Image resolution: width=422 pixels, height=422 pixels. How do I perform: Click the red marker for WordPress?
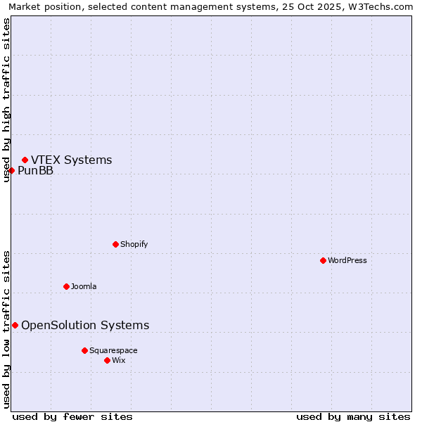323,260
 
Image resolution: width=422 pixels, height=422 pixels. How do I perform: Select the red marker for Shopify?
115,244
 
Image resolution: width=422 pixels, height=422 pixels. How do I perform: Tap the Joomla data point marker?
66,286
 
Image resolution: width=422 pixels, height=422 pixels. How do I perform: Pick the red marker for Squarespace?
84,350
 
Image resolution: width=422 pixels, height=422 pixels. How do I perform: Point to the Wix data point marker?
107,360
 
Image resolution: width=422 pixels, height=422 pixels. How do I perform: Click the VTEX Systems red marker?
25,160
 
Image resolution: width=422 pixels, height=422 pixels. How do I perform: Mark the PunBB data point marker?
11,170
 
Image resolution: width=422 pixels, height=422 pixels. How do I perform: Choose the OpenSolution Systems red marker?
15,325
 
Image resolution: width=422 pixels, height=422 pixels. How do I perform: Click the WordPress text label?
347,260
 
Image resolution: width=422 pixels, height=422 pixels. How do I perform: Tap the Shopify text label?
134,244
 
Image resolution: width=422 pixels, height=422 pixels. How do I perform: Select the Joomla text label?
84,286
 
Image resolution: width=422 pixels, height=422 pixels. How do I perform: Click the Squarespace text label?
113,350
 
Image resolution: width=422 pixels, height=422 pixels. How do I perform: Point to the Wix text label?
119,360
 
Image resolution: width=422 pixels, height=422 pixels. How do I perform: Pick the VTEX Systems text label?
71,160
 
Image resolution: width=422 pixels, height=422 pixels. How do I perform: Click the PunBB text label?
35,170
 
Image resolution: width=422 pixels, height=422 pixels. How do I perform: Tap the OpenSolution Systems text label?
85,325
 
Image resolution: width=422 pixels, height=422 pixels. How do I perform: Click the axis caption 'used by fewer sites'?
72,416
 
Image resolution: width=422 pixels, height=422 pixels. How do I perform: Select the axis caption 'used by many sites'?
353,416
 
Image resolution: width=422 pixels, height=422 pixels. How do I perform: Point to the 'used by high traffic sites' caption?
7,100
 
